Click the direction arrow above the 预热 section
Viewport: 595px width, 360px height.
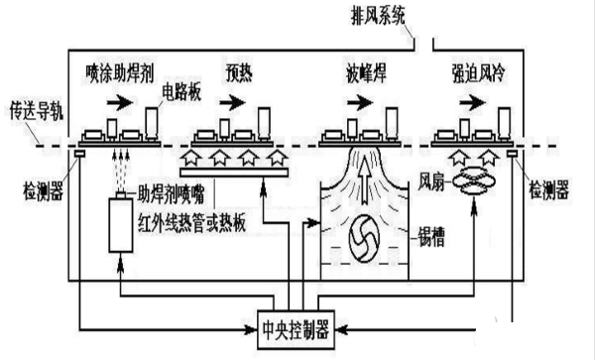[x=234, y=100]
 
